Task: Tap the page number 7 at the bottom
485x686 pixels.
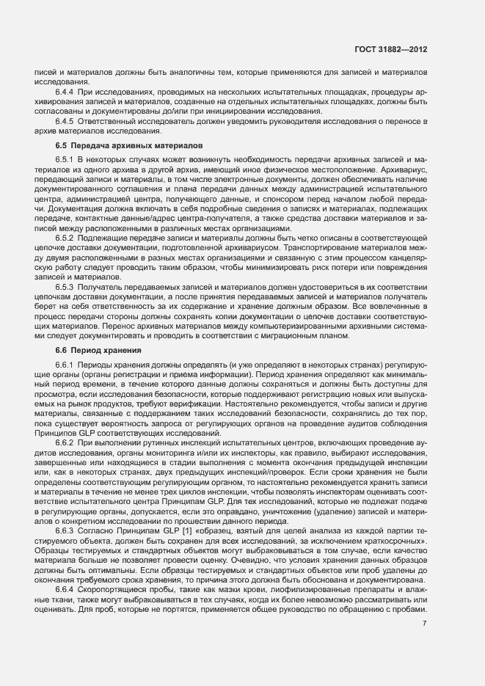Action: [x=425, y=624]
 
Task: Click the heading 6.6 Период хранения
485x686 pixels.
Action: [x=93, y=351]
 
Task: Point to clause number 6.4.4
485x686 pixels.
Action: [x=65, y=92]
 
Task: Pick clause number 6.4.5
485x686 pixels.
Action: [x=65, y=120]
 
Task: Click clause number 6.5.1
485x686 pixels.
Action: [x=65, y=159]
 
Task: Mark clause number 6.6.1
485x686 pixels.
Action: [x=65, y=365]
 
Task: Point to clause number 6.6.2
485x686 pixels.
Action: [x=65, y=445]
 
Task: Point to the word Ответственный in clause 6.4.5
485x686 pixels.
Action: [x=107, y=120]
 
